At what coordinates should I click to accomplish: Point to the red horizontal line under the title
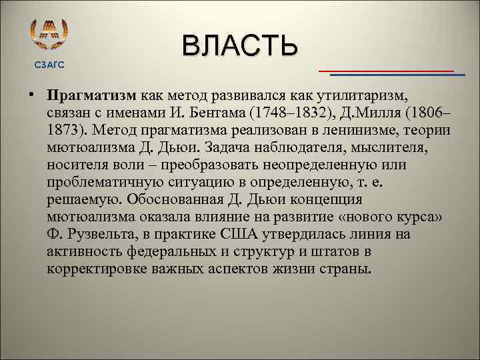pos(386,70)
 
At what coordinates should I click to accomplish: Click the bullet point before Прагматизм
pos(33,95)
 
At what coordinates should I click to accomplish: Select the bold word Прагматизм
pos(92,95)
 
